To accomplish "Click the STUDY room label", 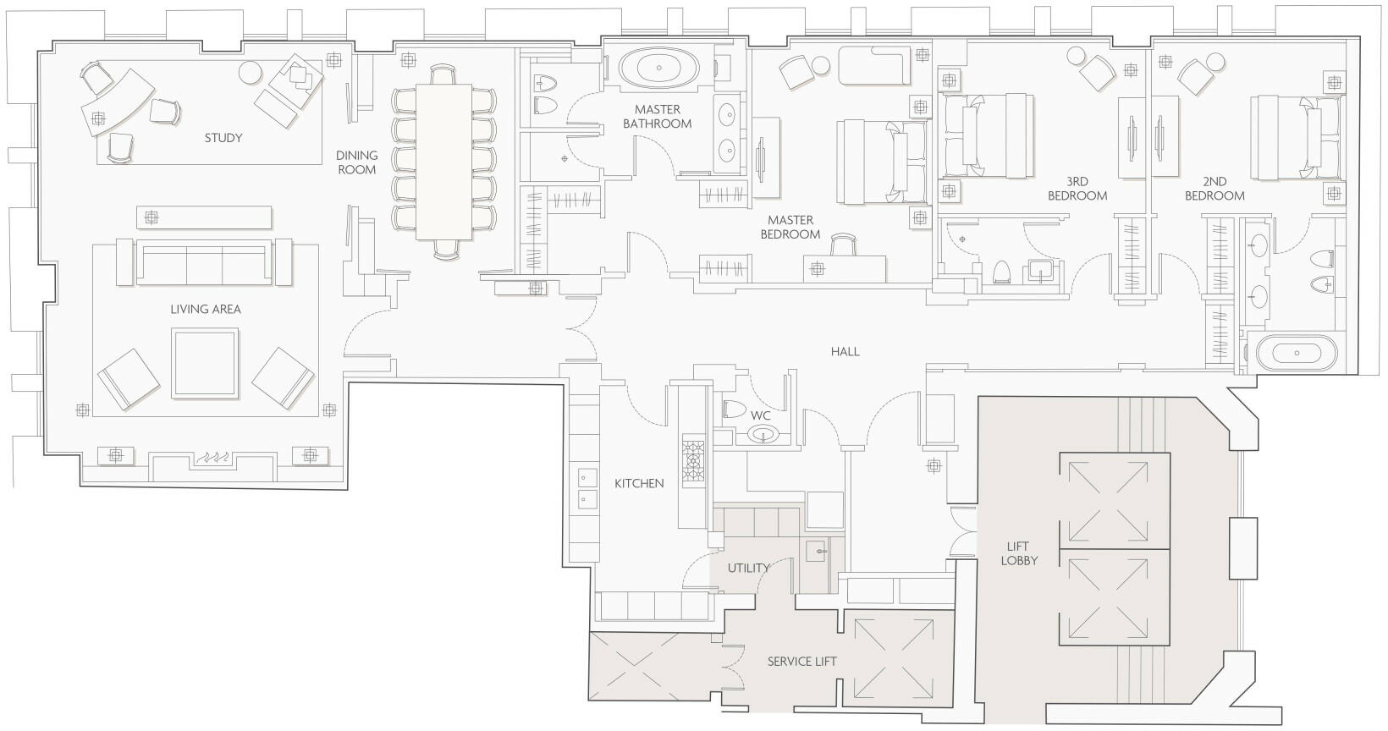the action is click(x=223, y=138).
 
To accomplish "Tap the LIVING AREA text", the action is click(x=206, y=309).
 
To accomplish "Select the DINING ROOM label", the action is click(x=357, y=162).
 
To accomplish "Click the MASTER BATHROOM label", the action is click(x=658, y=117).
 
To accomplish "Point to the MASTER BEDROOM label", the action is click(x=790, y=228).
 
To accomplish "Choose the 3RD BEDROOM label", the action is click(x=1077, y=189).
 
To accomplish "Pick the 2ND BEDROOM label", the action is click(x=1214, y=189).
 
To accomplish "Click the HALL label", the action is click(x=845, y=352).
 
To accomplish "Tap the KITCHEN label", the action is click(x=639, y=483).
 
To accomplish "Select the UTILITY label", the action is click(x=748, y=568).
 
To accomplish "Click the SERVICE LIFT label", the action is click(x=801, y=662).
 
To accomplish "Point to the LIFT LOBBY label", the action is click(x=1019, y=553).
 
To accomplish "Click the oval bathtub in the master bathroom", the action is click(x=658, y=68).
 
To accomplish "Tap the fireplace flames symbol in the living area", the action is click(x=212, y=459).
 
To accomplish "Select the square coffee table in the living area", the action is click(x=205, y=364).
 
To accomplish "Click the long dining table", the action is click(x=444, y=162).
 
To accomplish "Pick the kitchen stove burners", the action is click(x=693, y=461).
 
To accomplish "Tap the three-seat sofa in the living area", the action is click(x=204, y=262).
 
